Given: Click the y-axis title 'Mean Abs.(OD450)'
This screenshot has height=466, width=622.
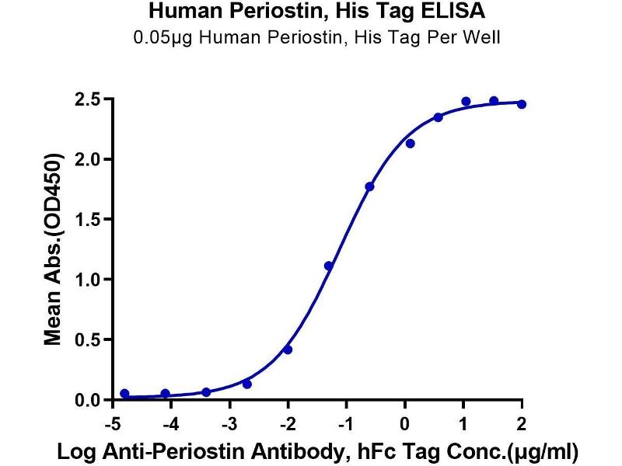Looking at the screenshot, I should (53, 249).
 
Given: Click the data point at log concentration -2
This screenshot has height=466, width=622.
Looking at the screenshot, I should (288, 349).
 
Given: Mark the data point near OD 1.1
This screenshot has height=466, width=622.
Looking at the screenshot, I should (329, 266).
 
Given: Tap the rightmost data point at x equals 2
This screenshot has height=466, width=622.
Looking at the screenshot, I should (521, 104).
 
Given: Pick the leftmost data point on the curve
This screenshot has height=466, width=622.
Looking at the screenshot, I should (124, 394).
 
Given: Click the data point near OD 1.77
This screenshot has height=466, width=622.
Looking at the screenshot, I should (369, 186).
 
